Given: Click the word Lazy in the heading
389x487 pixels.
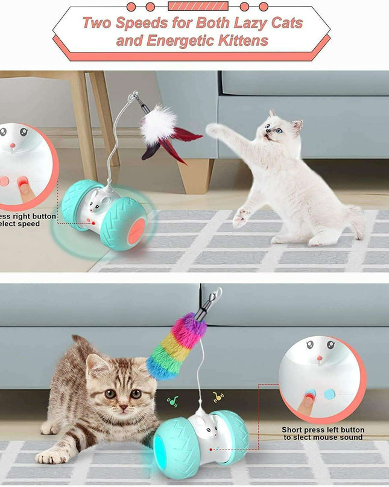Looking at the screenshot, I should pos(245,24).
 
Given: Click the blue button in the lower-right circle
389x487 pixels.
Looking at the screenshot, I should pos(329,393).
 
